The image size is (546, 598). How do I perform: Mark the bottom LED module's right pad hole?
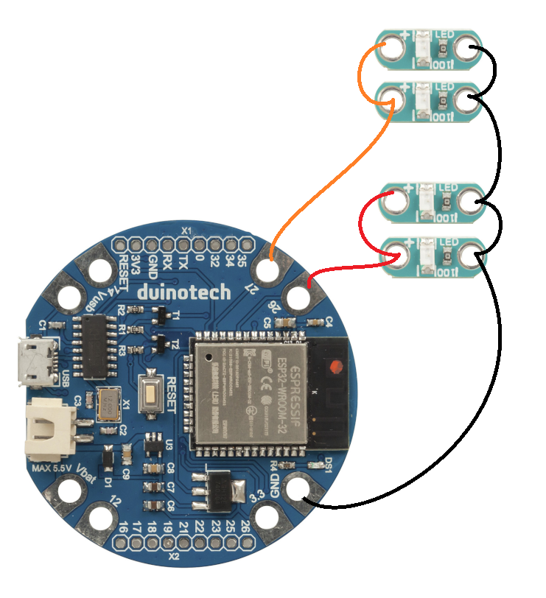468,256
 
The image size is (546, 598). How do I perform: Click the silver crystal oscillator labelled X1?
109,404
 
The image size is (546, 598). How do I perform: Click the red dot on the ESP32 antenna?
335,366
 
